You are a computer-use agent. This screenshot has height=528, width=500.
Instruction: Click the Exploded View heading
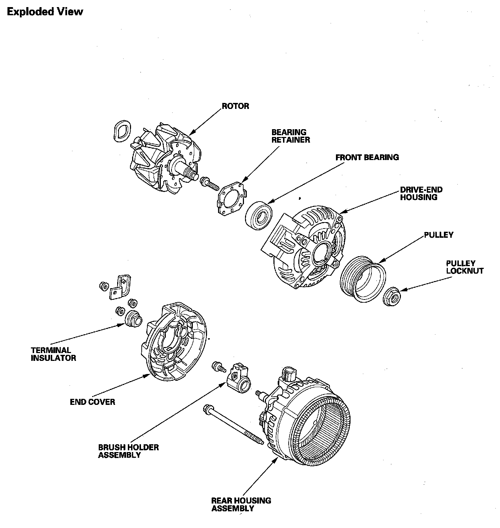[x=45, y=12]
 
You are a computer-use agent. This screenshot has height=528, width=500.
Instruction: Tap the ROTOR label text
[x=235, y=106]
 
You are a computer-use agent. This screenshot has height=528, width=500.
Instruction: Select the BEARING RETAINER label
[x=290, y=136]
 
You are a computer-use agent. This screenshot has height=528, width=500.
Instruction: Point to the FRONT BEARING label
[x=367, y=157]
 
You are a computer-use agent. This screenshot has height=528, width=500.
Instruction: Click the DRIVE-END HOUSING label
[x=421, y=193]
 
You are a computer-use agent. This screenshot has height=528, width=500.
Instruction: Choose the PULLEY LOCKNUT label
[x=464, y=267]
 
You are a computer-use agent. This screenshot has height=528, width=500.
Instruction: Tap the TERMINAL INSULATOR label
[x=53, y=354]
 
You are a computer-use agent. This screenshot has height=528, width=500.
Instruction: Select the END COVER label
[x=92, y=402]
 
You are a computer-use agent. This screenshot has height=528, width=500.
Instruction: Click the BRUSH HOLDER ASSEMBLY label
[x=128, y=451]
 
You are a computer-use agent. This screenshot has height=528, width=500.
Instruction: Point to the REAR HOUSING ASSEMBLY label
[x=241, y=504]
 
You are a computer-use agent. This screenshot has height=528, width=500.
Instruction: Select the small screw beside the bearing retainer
[x=209, y=183]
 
